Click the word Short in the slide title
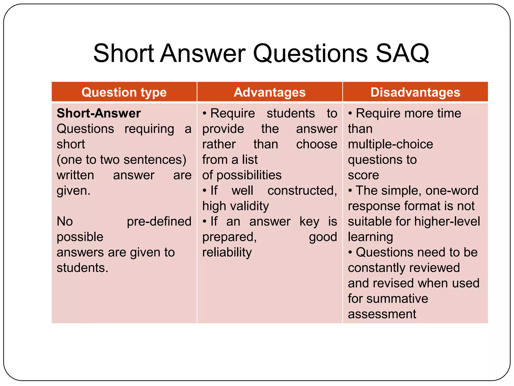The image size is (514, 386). point(123,53)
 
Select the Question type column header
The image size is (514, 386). point(124,92)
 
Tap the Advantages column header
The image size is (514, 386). point(270,92)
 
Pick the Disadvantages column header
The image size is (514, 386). point(415,92)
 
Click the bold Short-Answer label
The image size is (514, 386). point(99,113)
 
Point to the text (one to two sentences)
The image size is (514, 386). point(121,160)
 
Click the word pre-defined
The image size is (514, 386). point(159,221)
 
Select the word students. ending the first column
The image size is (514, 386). point(82,268)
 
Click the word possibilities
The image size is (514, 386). point(249,175)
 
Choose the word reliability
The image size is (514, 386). point(227,252)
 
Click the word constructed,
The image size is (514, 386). point(302,190)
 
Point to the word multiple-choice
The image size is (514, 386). point(390,144)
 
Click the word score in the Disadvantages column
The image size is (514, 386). point(363,175)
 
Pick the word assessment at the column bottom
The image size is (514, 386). point(382,314)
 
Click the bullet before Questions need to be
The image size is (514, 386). point(350,252)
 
